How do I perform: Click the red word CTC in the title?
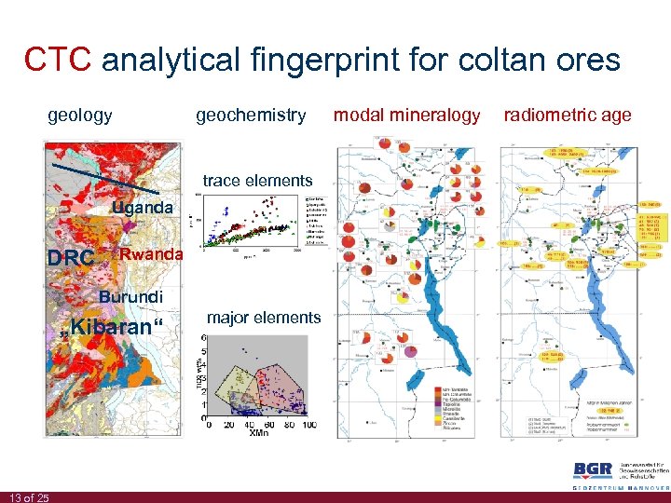point(58,60)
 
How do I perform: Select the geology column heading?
point(80,116)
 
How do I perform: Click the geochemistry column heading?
point(250,116)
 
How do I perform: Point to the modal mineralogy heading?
point(406,116)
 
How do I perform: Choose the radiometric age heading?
point(567,116)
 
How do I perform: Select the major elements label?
point(264,319)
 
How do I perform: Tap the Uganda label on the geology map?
point(142,208)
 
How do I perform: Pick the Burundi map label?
point(131,297)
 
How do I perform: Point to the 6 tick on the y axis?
point(204,337)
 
